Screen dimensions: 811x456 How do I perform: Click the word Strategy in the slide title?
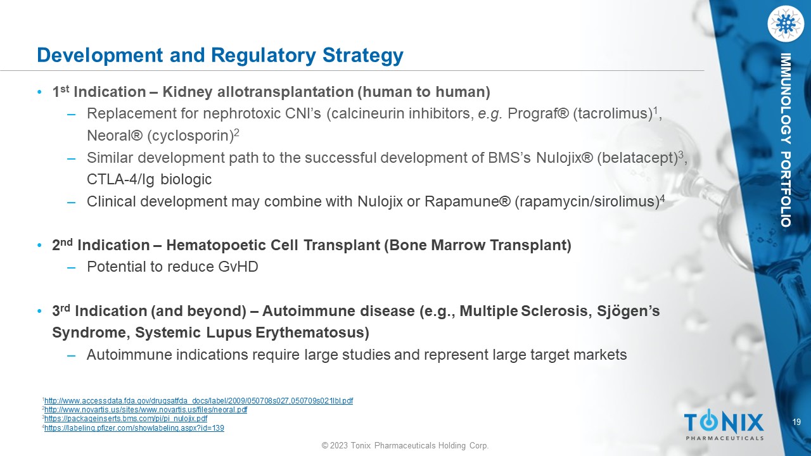[363, 56]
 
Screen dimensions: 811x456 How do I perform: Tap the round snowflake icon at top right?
[785, 24]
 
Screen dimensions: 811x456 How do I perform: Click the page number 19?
[796, 422]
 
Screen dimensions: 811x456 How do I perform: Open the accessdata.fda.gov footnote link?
[198, 401]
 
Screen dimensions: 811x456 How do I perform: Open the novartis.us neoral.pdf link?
[146, 410]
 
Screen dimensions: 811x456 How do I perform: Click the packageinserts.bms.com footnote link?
[125, 419]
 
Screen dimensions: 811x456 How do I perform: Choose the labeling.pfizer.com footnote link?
[134, 428]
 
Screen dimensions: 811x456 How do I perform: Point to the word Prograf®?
[539, 114]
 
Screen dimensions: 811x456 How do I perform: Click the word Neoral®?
[115, 136]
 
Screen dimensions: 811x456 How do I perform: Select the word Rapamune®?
[468, 201]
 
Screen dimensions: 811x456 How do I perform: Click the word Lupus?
[229, 333]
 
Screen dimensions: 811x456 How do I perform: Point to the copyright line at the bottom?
[405, 445]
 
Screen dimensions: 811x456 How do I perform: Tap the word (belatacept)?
[637, 158]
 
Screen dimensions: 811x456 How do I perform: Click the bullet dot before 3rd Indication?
[39, 311]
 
